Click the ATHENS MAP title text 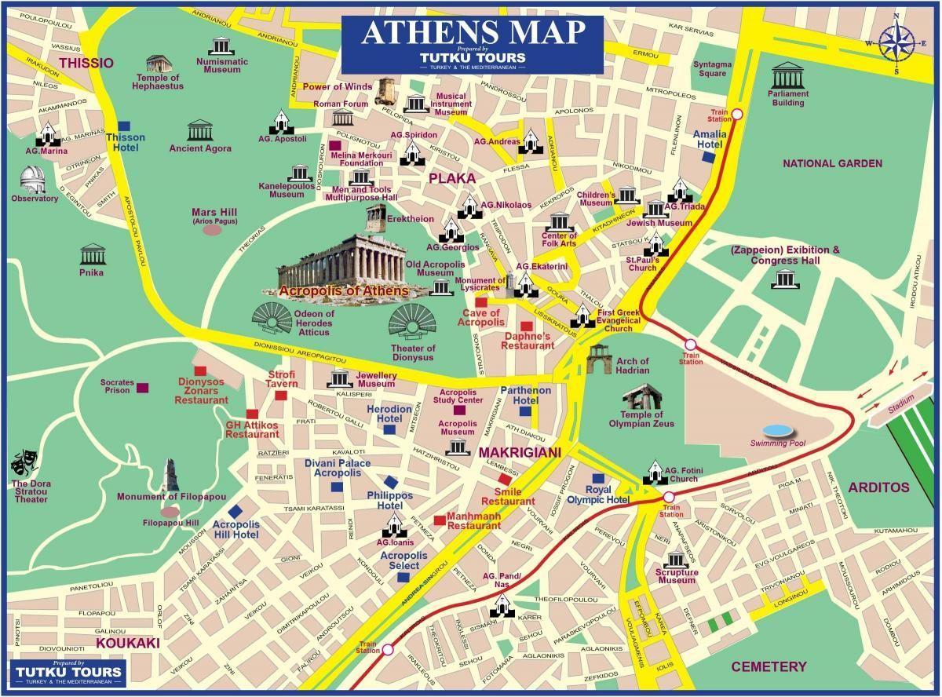(x=473, y=32)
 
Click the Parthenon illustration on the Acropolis (x=342, y=260)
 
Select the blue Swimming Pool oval (x=778, y=430)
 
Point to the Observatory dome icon (x=34, y=178)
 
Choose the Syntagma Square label (x=712, y=69)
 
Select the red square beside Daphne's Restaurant (x=526, y=326)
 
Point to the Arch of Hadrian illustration (x=598, y=359)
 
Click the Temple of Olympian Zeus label (x=641, y=419)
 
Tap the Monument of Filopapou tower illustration (x=170, y=475)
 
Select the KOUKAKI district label (x=128, y=643)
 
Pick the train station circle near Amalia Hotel (x=737, y=115)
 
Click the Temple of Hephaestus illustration (x=158, y=64)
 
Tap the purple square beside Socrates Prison (x=142, y=388)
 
